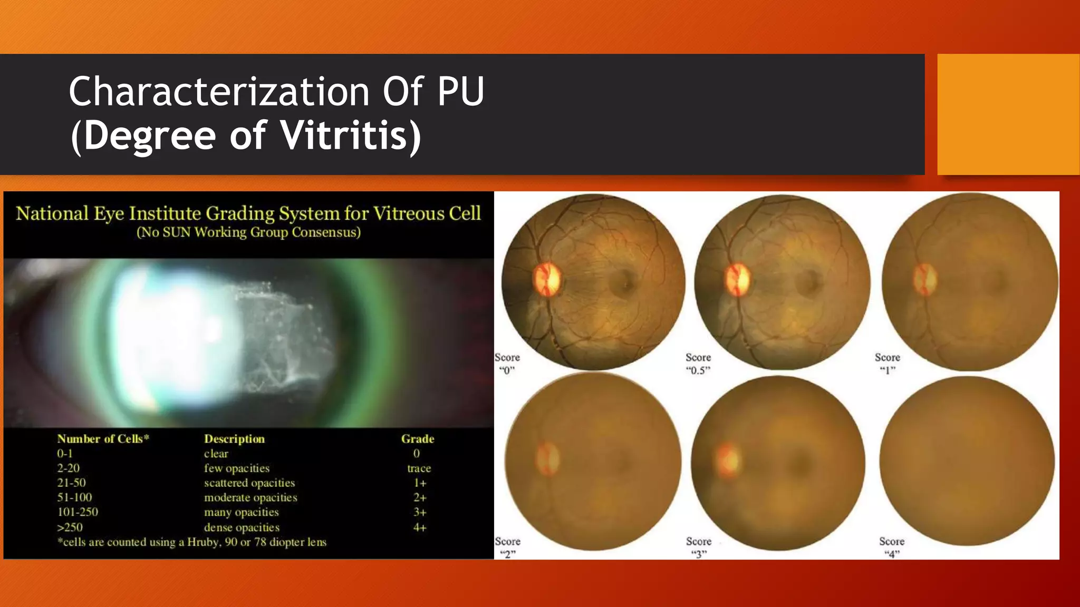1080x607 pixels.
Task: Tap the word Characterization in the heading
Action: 219,92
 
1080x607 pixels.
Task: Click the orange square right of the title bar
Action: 1008,114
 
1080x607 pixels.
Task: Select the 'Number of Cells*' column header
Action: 103,439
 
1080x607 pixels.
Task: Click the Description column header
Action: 234,439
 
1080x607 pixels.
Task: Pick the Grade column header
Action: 418,439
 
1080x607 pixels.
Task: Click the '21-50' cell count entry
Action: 71,483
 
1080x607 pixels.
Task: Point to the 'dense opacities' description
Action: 242,527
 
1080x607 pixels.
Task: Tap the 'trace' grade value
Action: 419,468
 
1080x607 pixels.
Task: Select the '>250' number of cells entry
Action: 70,527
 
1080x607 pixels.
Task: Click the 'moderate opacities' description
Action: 250,497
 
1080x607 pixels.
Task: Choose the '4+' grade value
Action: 419,527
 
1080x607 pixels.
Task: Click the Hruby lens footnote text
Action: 192,542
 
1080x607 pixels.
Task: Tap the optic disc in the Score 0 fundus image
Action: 547,279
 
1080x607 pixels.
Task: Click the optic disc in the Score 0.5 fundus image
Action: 737,279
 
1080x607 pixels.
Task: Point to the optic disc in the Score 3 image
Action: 729,460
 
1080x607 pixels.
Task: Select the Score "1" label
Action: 888,364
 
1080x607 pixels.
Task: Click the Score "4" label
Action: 892,547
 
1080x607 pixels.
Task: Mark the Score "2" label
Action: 507,547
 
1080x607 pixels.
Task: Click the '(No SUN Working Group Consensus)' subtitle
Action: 248,232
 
